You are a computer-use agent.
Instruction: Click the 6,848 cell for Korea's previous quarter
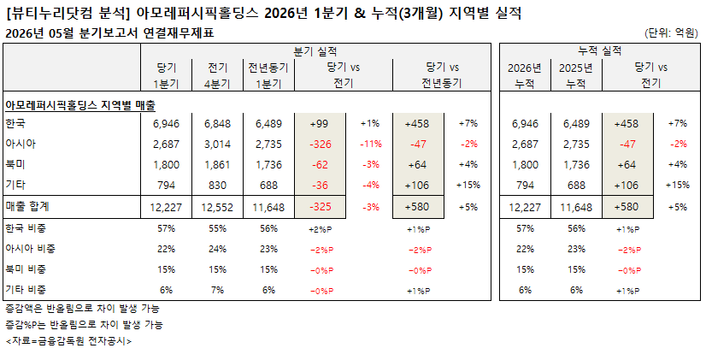point(217,123)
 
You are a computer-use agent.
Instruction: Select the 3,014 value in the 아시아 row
point(217,145)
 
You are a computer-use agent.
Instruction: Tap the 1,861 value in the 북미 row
point(217,165)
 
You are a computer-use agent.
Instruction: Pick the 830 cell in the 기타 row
point(217,186)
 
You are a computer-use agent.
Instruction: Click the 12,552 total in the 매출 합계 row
point(217,207)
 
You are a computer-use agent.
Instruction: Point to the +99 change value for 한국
point(320,123)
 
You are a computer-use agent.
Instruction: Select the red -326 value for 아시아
point(321,145)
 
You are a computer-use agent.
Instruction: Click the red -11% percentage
point(371,145)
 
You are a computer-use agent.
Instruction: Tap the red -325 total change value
point(321,207)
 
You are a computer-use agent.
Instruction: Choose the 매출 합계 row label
point(27,206)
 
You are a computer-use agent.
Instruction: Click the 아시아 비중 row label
point(30,249)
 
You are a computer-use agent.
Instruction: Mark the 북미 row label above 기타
point(15,164)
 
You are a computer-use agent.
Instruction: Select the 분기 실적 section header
point(315,51)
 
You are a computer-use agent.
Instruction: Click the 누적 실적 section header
point(600,51)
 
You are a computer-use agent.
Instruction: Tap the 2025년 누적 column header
point(576,75)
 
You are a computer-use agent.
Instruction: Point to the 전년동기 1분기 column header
point(268,75)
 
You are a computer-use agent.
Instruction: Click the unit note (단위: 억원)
point(671,32)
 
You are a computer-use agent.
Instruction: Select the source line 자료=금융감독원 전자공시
point(68,341)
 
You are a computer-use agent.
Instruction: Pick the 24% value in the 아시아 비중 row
point(217,249)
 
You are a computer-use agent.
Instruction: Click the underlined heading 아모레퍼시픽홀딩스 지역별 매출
point(80,105)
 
